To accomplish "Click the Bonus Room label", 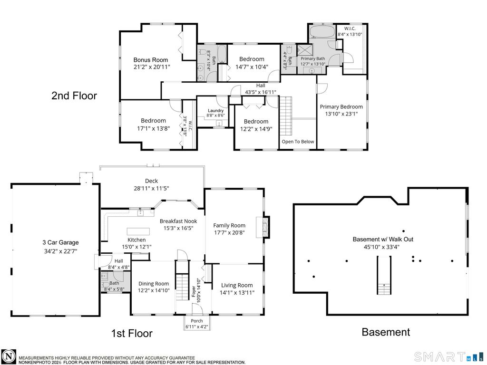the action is [151, 60].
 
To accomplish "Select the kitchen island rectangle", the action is [138, 231].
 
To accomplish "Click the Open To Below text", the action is [298, 142].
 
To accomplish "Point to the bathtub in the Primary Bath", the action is [322, 32].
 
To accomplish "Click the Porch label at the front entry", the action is [196, 321].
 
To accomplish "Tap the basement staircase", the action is [384, 275].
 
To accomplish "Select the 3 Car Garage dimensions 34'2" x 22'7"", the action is [60, 251].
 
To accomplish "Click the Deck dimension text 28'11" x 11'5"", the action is [151, 188].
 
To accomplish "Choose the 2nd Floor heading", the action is [74, 96].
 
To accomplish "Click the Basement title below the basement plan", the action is [386, 332].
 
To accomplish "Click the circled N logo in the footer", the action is [9, 356].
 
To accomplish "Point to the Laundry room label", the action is [215, 110].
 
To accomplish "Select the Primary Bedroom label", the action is [341, 107].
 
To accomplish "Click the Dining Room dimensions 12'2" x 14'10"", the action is [154, 290].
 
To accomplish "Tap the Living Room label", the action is [237, 285].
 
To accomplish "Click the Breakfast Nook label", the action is [178, 221].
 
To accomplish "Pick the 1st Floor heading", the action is [132, 333].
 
